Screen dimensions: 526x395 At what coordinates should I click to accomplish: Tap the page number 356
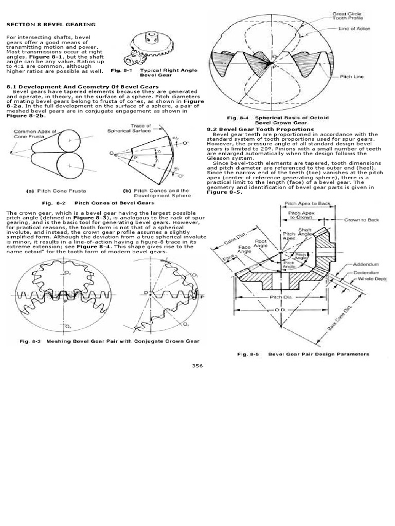[197, 365]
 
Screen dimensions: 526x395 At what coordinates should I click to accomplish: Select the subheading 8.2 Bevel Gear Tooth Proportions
[260, 129]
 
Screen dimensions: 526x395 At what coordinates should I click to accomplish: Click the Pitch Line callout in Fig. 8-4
[352, 77]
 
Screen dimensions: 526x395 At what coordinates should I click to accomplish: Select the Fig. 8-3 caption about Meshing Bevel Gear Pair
[110, 341]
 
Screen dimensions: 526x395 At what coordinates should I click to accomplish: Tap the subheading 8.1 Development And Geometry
[82, 87]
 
